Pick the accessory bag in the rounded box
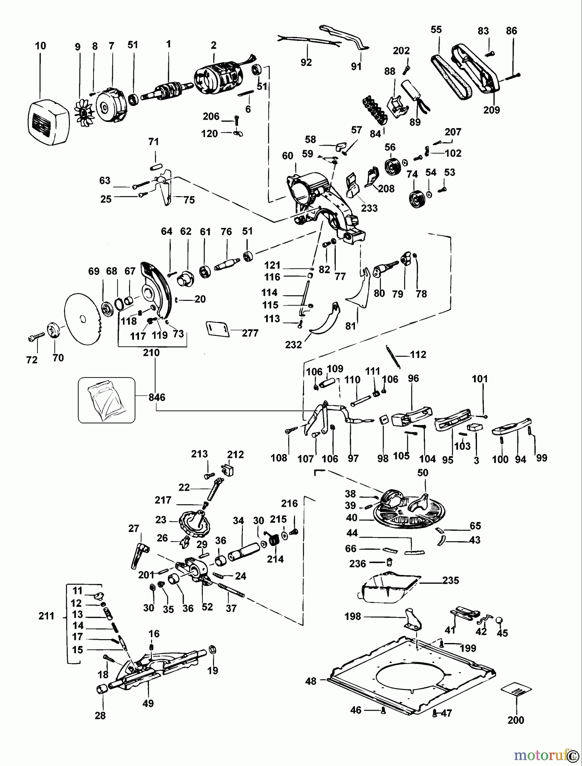click(106, 400)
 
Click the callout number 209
click(491, 110)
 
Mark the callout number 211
click(46, 615)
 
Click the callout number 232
click(293, 344)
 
